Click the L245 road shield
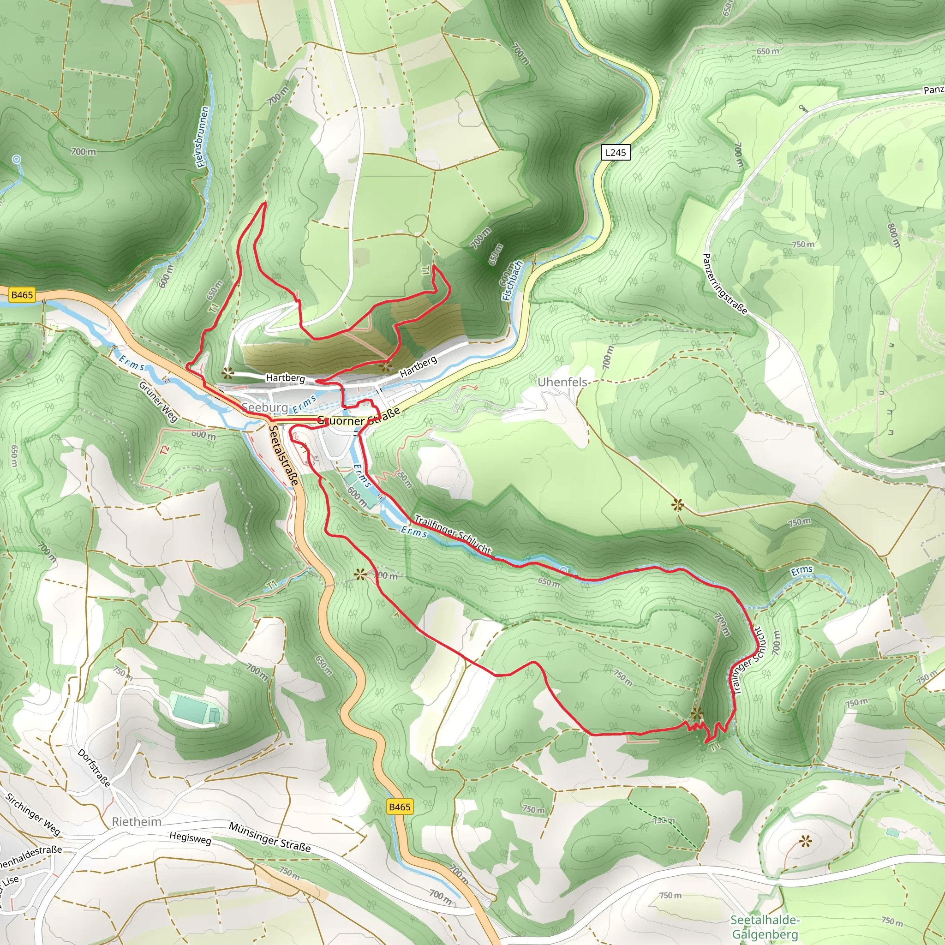[x=616, y=153]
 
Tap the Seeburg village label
[x=264, y=407]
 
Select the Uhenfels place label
[x=562, y=382]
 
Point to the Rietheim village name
[x=137, y=822]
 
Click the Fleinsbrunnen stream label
[x=203, y=138]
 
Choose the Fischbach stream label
[x=512, y=281]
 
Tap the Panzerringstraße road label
[x=724, y=284]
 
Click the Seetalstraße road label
[x=283, y=455]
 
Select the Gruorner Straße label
[x=359, y=418]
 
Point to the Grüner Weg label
[x=158, y=401]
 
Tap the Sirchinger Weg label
[x=32, y=814]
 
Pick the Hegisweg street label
[x=190, y=838]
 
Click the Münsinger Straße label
[x=269, y=837]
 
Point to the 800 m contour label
[x=893, y=235]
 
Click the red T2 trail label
[x=165, y=450]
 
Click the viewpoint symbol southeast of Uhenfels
[x=677, y=505]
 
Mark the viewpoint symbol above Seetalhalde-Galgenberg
[x=805, y=842]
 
